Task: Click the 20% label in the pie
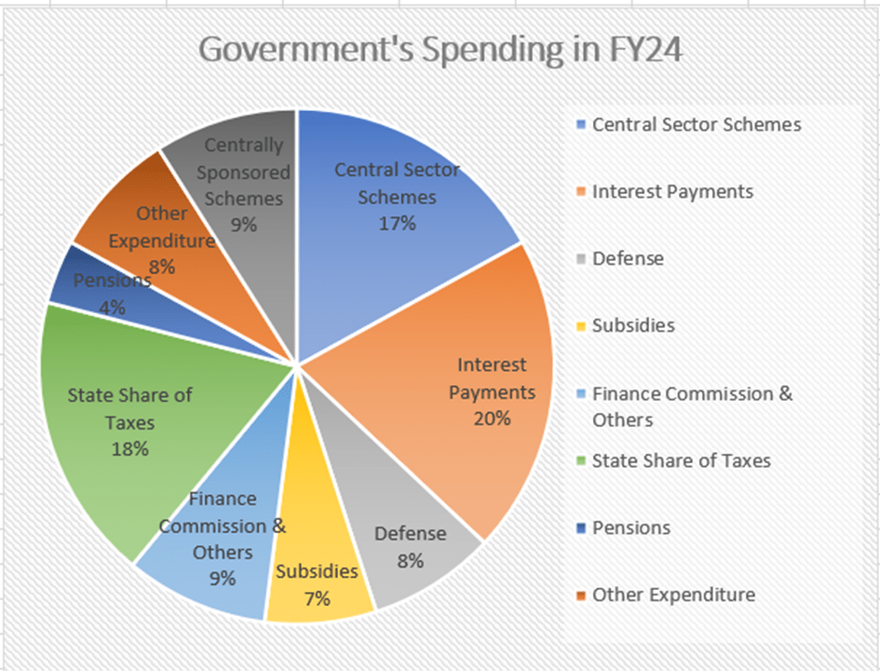[491, 418]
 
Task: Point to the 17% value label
[398, 224]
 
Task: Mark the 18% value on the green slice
[129, 448]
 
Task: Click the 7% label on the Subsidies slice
[317, 598]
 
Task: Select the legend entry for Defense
[628, 259]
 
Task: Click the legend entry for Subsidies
[633, 326]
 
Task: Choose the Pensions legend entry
[630, 527]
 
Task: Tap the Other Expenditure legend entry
[672, 595]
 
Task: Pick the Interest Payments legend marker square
[582, 192]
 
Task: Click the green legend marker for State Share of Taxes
[582, 460]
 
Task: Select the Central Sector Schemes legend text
[696, 125]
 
